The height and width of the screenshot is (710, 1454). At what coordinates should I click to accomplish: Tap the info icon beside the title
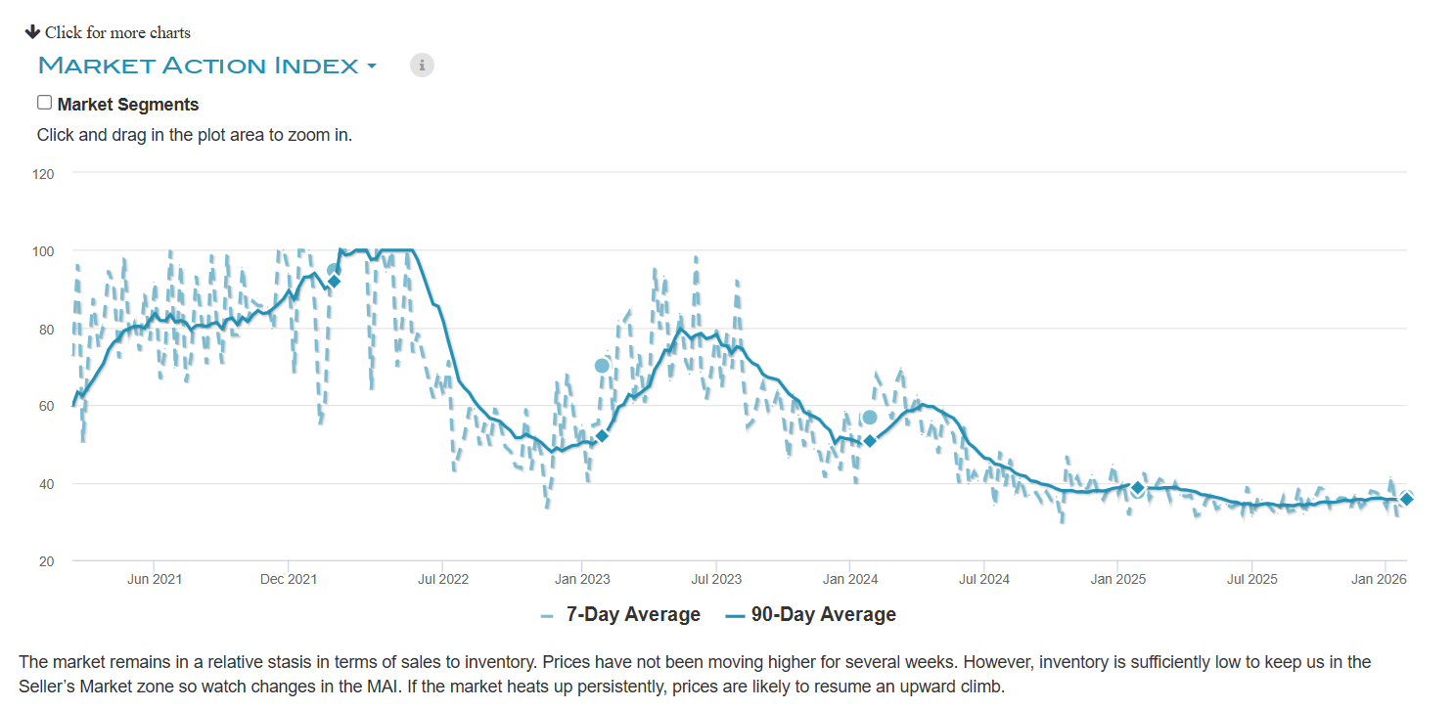coord(422,66)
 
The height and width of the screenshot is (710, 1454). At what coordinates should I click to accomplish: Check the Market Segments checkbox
coord(44,103)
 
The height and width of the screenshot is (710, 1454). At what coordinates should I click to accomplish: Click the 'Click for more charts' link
coord(109,32)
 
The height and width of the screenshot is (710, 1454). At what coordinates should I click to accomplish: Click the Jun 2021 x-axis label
coord(155,579)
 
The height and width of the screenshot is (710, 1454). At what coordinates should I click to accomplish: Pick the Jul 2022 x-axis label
coord(442,579)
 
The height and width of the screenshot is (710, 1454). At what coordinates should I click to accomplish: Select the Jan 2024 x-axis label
coord(849,579)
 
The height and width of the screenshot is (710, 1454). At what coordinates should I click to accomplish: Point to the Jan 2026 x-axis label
coord(1379,579)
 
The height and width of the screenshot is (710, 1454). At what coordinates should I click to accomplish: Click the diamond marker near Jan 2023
coord(602,435)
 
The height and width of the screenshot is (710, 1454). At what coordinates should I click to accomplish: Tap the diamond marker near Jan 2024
coord(870,441)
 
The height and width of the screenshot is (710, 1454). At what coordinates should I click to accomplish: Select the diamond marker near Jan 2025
coord(1137,487)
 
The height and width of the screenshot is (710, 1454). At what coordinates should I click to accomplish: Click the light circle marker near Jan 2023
coord(602,366)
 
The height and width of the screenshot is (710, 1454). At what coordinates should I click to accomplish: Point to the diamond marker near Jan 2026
coord(1406,499)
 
